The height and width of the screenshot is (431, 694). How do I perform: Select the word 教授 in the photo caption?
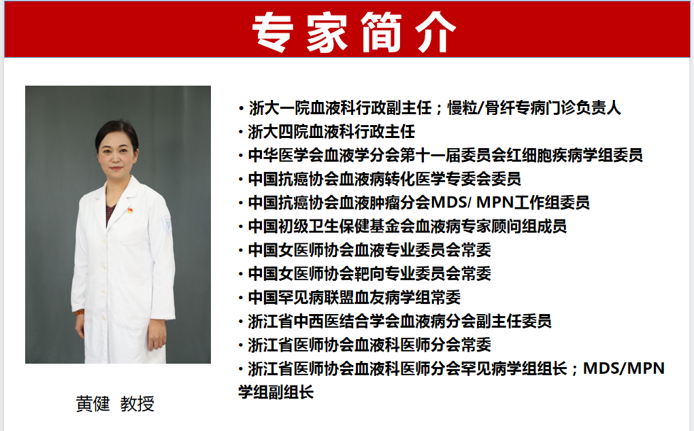tap(137, 404)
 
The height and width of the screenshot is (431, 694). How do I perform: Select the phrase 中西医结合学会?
tap(331, 321)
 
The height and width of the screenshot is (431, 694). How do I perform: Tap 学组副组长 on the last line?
tap(276, 392)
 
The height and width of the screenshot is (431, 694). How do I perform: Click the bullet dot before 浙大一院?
tap(241, 108)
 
